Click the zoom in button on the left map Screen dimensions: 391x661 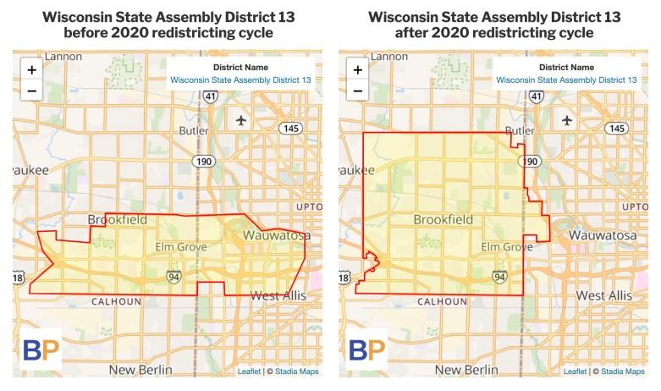click(31, 70)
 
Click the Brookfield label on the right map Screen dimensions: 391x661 click(443, 220)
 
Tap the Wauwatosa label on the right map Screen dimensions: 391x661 click(601, 234)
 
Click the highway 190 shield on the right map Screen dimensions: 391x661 click(532, 161)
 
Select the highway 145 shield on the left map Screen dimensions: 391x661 click(290, 128)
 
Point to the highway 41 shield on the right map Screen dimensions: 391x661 click(536, 98)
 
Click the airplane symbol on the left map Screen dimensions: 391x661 click(243, 119)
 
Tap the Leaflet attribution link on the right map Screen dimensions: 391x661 click(575, 371)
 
